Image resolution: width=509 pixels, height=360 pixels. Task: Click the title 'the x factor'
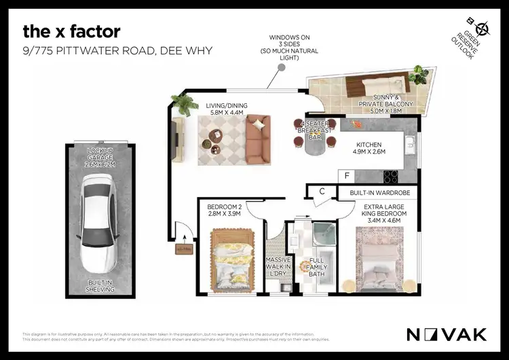pyautogui.click(x=71, y=31)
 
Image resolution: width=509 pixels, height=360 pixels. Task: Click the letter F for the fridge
pyautogui.click(x=347, y=176)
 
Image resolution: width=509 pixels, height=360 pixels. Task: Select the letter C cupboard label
pyautogui.click(x=322, y=192)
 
